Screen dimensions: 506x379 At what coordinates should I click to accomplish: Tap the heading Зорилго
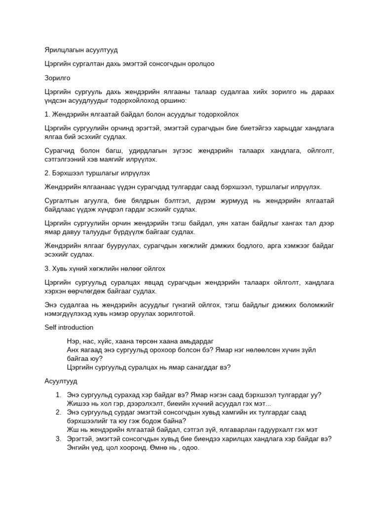click(57, 78)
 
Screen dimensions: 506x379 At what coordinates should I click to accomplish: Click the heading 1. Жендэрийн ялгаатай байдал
click(141, 114)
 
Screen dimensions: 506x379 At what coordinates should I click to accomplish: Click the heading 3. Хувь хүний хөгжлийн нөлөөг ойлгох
click(105, 268)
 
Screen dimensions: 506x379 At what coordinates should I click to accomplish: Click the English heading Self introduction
click(69, 328)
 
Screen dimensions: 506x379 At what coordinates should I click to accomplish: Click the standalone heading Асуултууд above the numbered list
click(61, 381)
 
